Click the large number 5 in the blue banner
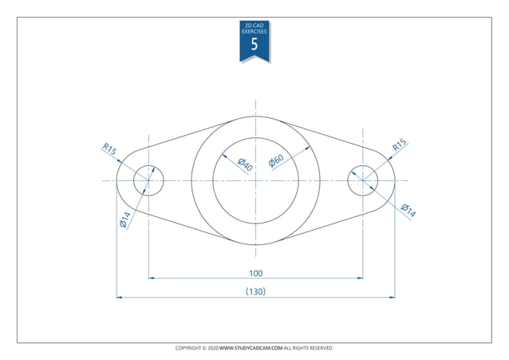coord(254,45)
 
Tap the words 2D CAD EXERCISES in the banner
coord(254,30)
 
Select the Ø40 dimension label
coord(245,165)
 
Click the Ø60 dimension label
coord(276,160)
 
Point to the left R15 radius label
coord(109,149)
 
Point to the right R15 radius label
coord(399,145)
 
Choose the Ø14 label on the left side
coord(125,220)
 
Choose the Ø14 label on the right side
coord(407,212)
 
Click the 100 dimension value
coord(255,273)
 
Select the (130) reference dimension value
coord(255,291)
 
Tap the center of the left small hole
coord(148,180)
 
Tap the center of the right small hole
coord(363,180)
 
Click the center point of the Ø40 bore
coord(255,180)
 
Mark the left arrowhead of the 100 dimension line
coord(152,279)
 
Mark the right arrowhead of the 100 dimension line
coord(360,279)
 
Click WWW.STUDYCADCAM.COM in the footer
coord(251,348)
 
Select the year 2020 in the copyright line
coord(211,348)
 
